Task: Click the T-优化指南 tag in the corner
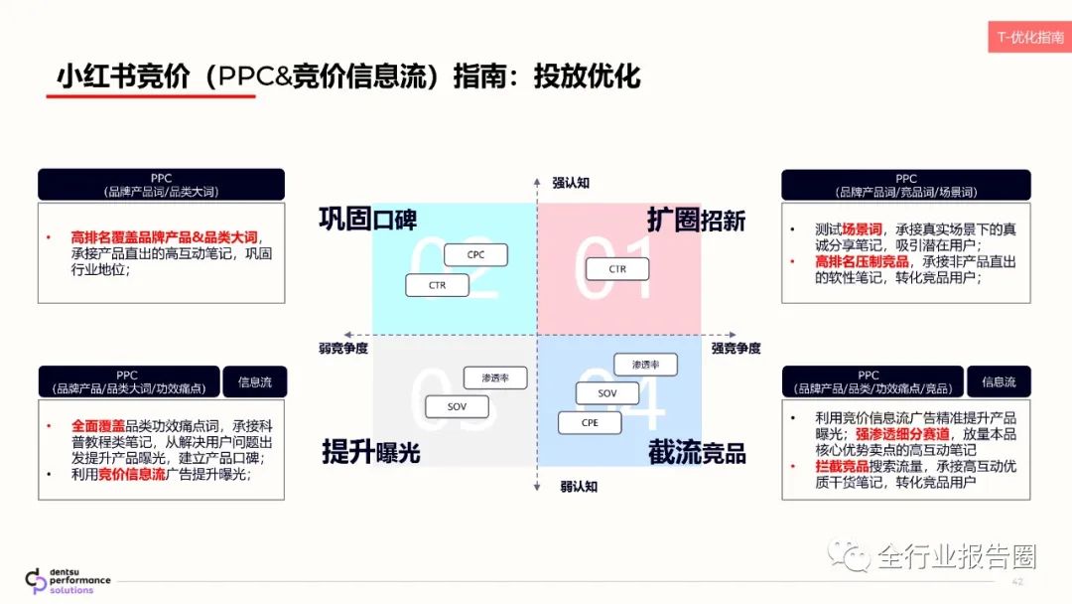point(1029,37)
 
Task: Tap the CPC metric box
point(476,255)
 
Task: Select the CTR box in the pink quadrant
point(617,269)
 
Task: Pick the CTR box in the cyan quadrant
point(438,285)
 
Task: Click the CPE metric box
point(590,422)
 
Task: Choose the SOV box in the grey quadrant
point(457,406)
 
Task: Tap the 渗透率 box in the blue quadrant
point(645,365)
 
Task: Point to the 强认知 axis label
point(571,183)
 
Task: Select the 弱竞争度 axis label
point(337,348)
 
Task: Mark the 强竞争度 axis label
point(736,348)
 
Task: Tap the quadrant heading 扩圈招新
point(696,220)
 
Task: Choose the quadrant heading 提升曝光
point(371,453)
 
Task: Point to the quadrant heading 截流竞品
point(697,453)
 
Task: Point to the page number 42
point(1016,580)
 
